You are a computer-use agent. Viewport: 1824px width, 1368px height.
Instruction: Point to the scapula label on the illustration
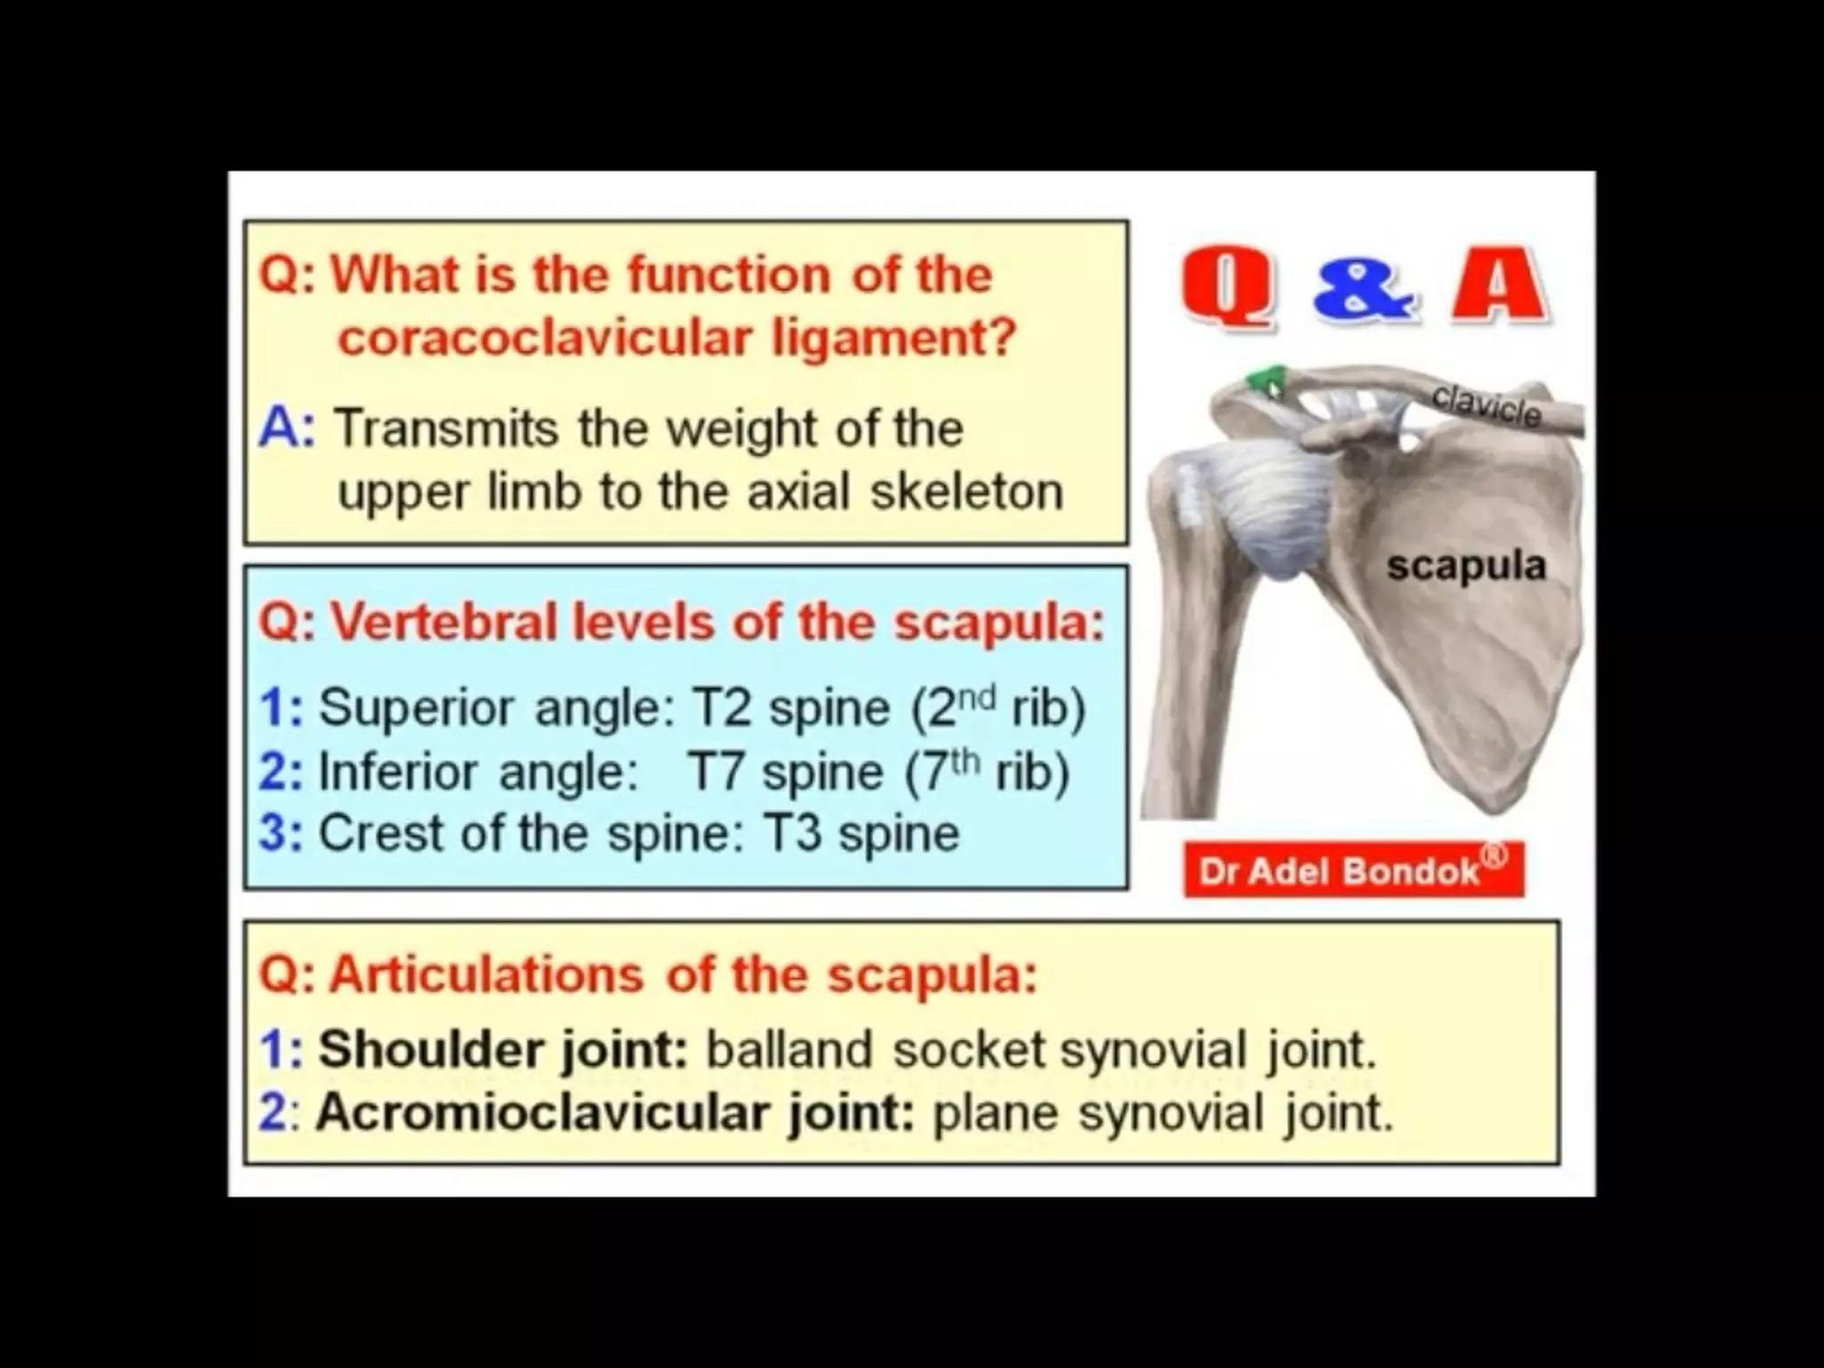(x=1466, y=565)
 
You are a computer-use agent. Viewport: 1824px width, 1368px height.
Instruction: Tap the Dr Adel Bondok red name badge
(x=1353, y=870)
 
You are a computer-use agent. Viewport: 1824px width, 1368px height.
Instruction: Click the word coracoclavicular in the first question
(x=545, y=338)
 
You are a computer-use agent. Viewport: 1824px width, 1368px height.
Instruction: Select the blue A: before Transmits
(x=287, y=428)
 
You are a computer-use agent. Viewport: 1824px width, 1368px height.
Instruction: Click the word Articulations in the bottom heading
(x=486, y=974)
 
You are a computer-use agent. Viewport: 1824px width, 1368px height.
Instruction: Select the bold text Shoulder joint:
(x=502, y=1049)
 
